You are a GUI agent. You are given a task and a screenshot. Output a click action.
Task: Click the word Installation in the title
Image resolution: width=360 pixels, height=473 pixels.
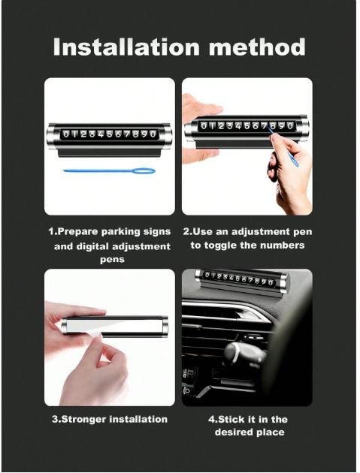[x=126, y=47]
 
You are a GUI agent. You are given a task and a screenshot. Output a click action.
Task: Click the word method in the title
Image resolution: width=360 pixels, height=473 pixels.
[x=257, y=47]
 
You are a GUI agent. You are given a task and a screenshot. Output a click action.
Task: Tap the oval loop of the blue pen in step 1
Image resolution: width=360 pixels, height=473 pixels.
[x=144, y=172]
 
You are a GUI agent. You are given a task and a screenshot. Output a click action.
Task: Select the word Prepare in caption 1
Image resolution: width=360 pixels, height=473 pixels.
[x=78, y=232]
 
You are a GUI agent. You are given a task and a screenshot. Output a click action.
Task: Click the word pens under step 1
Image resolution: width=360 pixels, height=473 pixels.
[x=112, y=260]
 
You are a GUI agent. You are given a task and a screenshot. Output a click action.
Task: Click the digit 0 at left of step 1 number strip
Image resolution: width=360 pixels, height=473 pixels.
[x=66, y=134]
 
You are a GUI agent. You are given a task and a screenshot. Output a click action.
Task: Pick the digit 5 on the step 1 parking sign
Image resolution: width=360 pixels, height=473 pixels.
[x=109, y=134]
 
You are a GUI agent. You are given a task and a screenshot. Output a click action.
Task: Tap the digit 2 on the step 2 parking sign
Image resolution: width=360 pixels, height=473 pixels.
[x=222, y=126]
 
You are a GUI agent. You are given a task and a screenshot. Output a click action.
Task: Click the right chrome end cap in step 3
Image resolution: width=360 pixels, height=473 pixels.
[x=165, y=326]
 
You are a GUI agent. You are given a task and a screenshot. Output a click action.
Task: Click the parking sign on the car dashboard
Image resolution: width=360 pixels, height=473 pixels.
[x=242, y=282]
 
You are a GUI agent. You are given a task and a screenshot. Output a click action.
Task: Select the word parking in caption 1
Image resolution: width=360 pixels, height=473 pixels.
[x=121, y=232]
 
